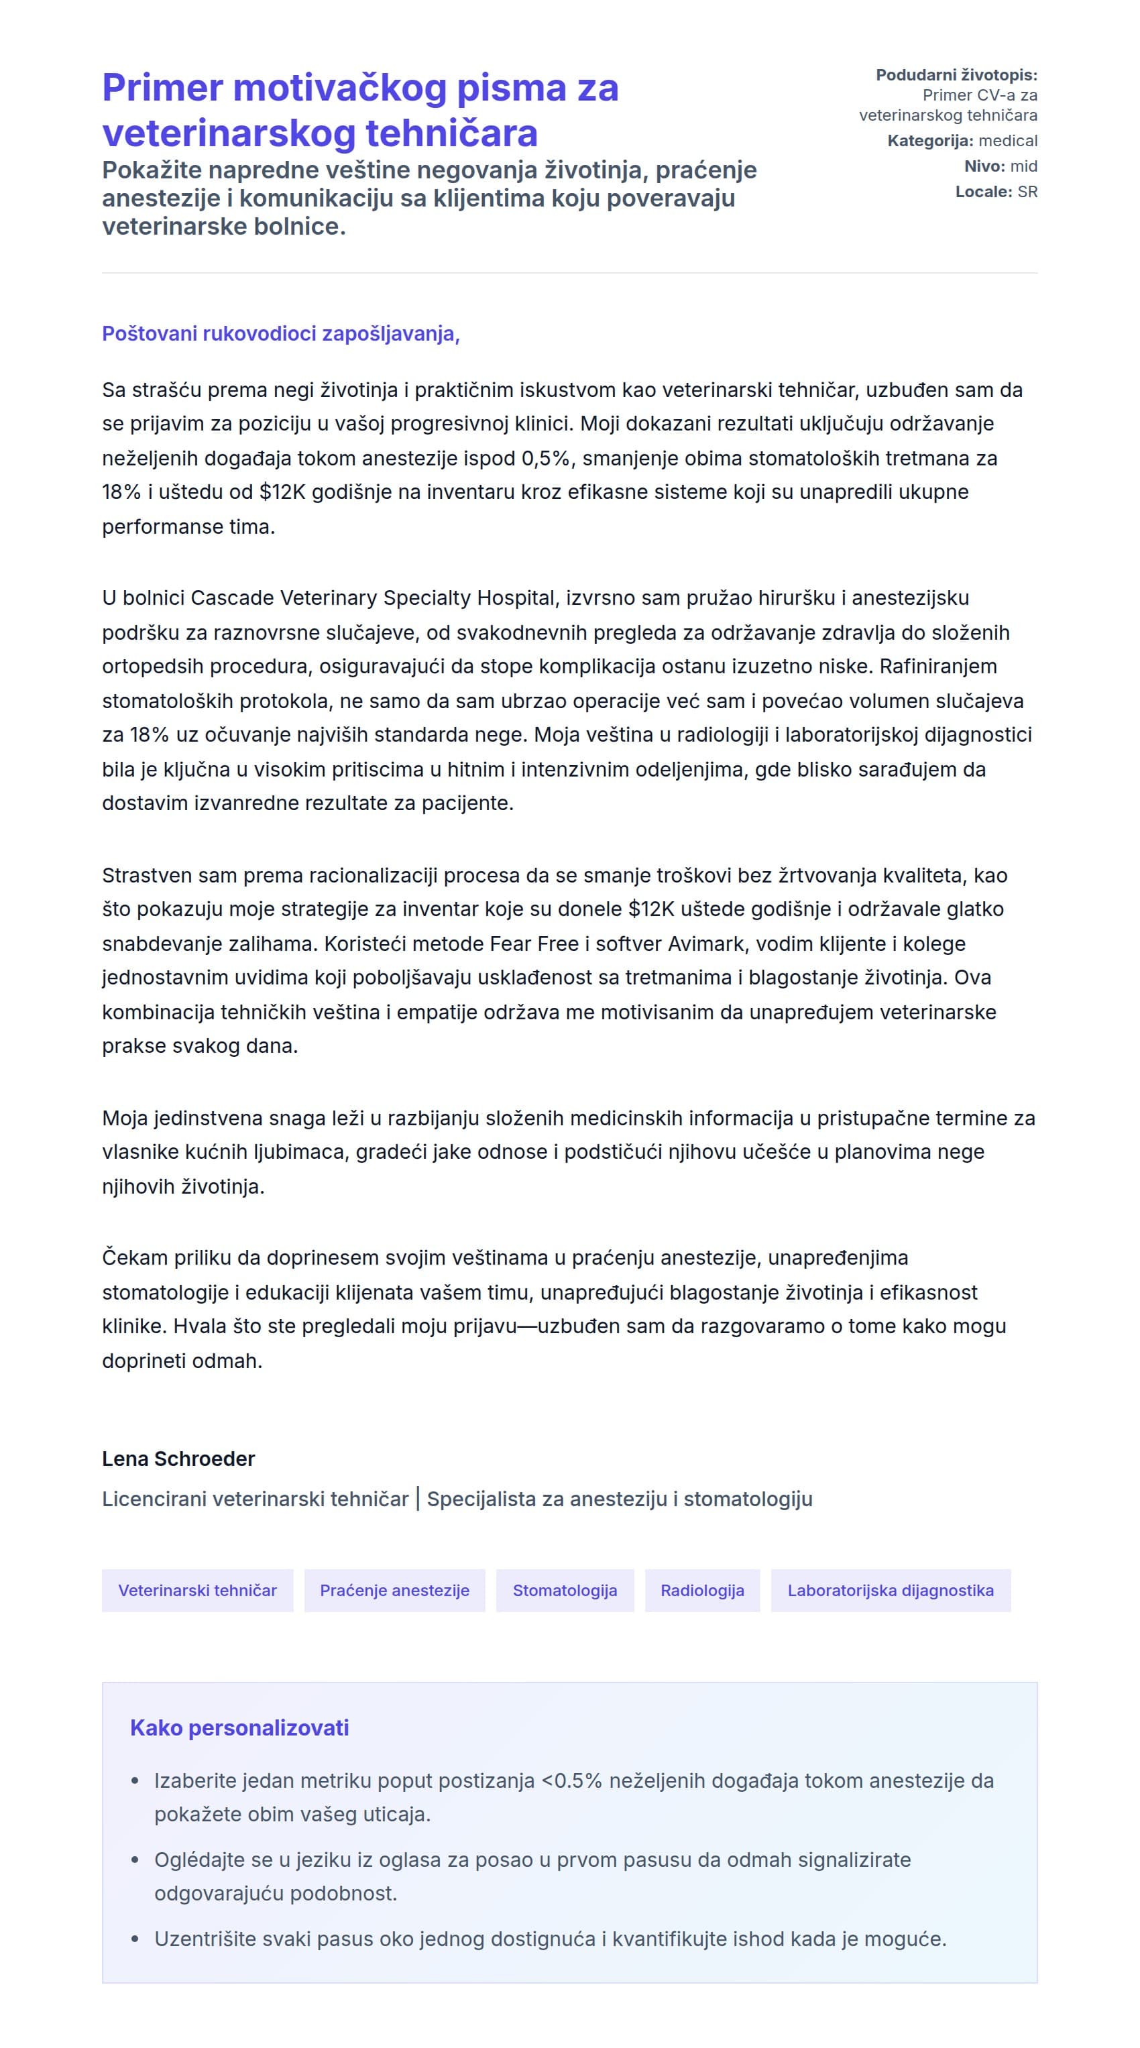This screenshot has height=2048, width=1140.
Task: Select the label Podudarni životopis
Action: point(956,74)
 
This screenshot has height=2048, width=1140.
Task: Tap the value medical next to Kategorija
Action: point(1007,141)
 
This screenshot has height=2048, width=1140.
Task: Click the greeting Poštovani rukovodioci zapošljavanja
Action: point(280,334)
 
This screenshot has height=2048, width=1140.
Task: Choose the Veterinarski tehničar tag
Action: point(197,1590)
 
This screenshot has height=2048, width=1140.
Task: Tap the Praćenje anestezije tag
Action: point(394,1590)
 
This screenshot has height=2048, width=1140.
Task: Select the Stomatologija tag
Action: point(565,1590)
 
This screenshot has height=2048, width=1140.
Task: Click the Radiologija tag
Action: point(702,1590)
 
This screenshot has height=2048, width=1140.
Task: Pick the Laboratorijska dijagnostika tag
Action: point(890,1590)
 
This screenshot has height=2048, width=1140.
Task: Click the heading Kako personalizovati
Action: point(239,1727)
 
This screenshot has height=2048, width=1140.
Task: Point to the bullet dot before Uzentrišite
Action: point(135,1939)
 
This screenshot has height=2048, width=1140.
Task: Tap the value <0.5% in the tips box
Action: point(571,1781)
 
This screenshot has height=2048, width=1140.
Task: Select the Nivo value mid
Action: point(1023,166)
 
